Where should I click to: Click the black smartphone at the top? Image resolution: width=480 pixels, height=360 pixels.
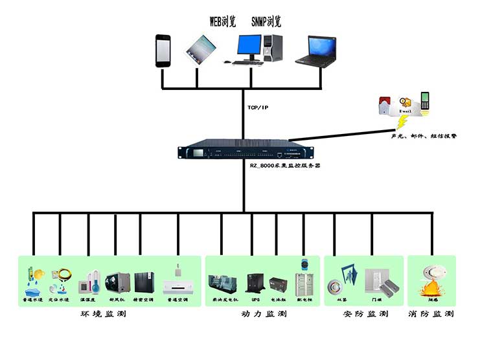point(163,51)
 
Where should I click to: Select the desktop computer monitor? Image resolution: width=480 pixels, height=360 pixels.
point(249,46)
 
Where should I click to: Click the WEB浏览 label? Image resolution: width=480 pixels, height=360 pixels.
point(223,21)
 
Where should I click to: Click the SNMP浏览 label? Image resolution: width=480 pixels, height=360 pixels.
point(266,21)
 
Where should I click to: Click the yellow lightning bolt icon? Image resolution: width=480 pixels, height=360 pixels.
point(403,121)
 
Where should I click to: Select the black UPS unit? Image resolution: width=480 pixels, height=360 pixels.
point(255,284)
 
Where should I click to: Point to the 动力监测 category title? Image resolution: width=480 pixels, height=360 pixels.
point(263,314)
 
